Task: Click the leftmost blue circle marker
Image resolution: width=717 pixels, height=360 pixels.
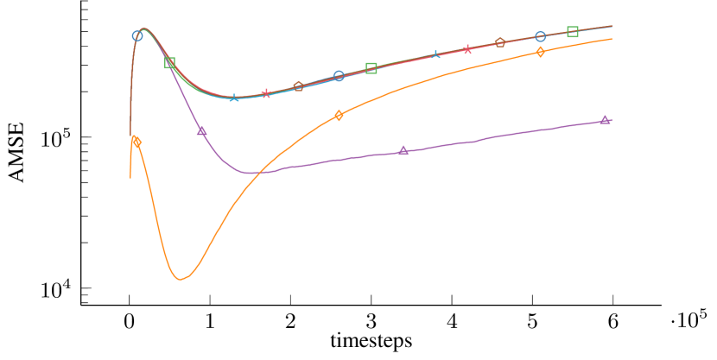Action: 137,36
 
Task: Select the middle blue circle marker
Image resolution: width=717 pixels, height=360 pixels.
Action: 339,76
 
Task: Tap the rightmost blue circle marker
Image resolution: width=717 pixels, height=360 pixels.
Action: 540,36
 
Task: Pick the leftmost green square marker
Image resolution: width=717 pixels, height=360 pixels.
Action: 170,63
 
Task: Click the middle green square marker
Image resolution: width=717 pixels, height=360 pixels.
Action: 371,68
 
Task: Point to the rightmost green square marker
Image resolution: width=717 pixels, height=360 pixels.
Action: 572,32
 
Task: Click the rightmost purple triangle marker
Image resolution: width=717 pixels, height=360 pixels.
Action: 605,120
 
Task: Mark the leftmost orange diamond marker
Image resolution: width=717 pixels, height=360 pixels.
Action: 136,142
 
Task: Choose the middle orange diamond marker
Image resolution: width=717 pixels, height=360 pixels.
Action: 339,115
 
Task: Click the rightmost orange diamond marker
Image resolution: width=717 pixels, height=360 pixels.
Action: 540,52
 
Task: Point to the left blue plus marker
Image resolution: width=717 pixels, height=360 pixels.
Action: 234,98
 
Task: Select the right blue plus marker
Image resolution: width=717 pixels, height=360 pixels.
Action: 435,54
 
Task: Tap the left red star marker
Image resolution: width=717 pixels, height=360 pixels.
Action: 266,93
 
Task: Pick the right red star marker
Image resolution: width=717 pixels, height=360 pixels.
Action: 467,49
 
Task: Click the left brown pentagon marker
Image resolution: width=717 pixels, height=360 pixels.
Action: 299,86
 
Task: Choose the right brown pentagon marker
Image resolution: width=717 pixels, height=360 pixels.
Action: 499,43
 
